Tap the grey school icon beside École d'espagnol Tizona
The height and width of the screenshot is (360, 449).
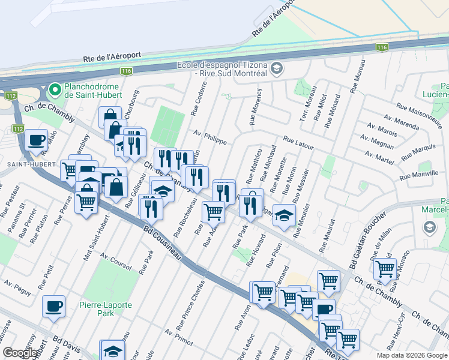277,68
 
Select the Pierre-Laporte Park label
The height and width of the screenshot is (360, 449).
106,309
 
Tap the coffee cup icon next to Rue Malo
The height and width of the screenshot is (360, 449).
36,140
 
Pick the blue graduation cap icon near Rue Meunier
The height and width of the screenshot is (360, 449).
285,215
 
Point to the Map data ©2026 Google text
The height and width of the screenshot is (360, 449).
412,355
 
